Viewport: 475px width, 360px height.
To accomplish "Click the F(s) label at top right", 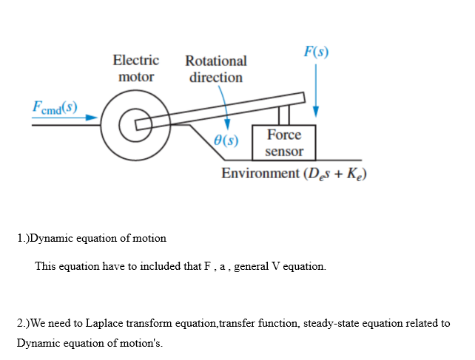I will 316,52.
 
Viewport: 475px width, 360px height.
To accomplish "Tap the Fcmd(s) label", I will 55,106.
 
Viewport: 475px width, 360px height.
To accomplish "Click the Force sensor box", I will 284,143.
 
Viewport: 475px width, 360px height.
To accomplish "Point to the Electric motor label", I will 135,68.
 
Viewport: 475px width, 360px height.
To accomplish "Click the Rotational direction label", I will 215,69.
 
